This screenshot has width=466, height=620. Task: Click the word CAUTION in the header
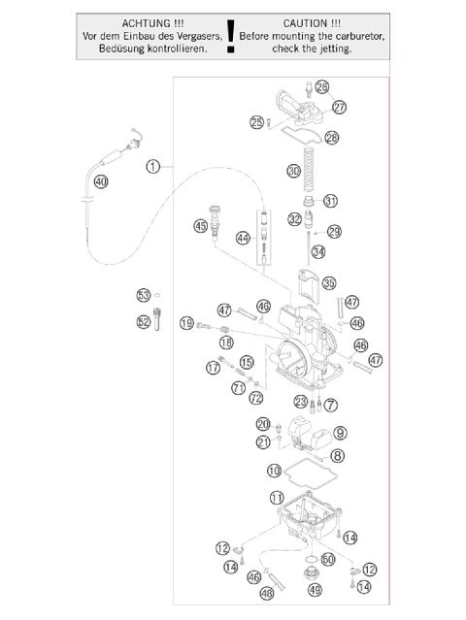pyautogui.click(x=312, y=21)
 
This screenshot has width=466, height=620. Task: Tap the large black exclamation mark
pyautogui.click(x=230, y=40)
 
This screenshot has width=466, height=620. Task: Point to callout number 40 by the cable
pyautogui.click(x=101, y=181)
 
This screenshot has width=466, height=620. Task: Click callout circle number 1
pyautogui.click(x=152, y=166)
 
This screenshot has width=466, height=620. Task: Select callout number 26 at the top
pyautogui.click(x=321, y=87)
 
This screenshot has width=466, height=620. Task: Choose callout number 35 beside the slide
pyautogui.click(x=329, y=283)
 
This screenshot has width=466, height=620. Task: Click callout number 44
pyautogui.click(x=243, y=238)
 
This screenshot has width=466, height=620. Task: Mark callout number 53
pyautogui.click(x=143, y=294)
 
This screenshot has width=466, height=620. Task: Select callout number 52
pyautogui.click(x=143, y=322)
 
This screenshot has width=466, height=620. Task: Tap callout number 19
pyautogui.click(x=187, y=323)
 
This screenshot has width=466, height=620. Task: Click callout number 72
pyautogui.click(x=255, y=398)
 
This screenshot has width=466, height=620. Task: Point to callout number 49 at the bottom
pyautogui.click(x=314, y=589)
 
